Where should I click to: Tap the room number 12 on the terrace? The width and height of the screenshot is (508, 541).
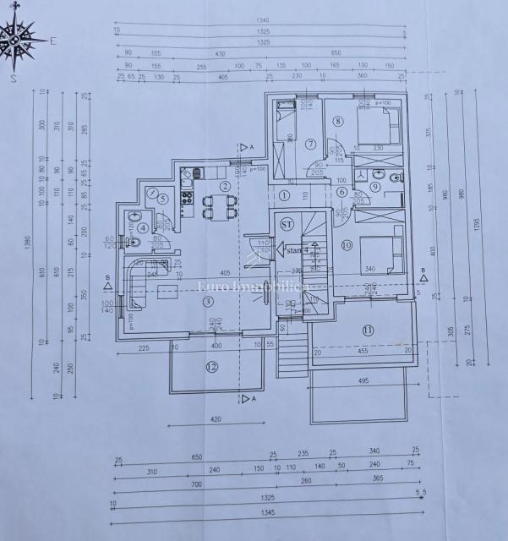coord(212,366)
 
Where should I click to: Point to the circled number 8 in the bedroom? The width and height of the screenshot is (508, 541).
coord(338,121)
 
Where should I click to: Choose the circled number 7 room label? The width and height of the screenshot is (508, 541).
coord(310,143)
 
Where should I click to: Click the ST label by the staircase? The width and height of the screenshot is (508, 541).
coord(287,223)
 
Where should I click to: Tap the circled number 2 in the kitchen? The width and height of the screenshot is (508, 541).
coord(225,186)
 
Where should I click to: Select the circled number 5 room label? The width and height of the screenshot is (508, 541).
coord(162,199)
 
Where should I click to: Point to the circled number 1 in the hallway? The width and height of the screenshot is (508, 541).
coord(285,194)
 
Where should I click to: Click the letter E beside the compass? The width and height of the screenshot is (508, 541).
coord(52,40)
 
